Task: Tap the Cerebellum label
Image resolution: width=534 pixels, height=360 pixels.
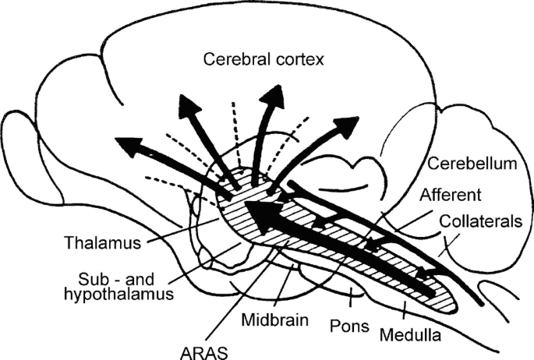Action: click(x=473, y=164)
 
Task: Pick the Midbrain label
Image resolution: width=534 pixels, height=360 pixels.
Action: click(x=274, y=319)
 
